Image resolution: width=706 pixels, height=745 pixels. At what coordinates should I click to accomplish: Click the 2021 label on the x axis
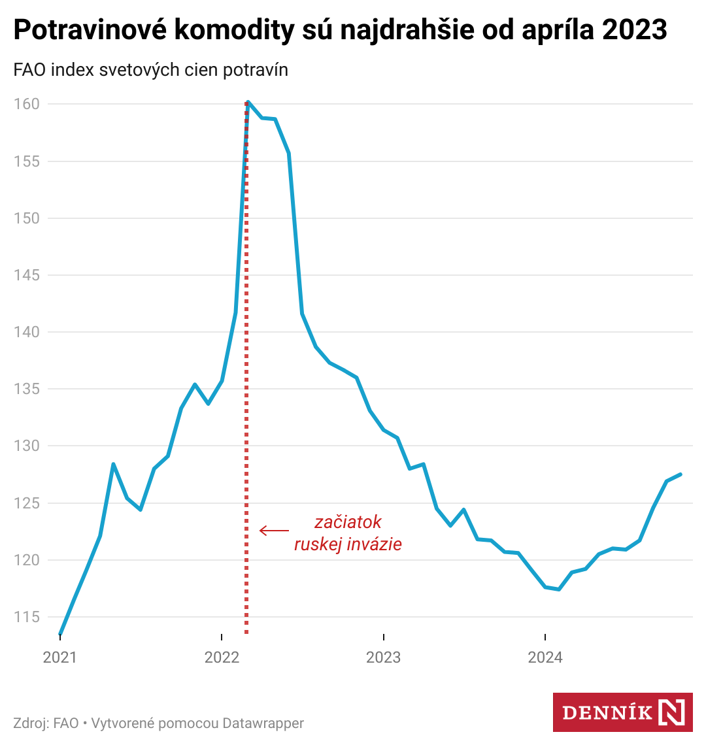[x=59, y=657]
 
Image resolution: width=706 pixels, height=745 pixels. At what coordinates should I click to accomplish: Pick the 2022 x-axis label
[x=222, y=657]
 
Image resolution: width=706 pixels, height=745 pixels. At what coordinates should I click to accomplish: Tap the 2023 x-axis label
[x=384, y=657]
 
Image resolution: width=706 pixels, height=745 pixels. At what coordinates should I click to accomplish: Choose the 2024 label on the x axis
[x=545, y=657]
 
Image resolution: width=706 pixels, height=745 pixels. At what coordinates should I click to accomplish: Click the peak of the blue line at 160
[x=248, y=102]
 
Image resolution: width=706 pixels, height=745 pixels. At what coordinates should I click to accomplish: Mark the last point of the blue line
[x=681, y=474]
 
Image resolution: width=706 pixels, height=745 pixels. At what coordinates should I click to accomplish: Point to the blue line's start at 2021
[x=60, y=633]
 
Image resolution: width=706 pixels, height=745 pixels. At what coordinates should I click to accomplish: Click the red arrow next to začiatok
[x=274, y=531]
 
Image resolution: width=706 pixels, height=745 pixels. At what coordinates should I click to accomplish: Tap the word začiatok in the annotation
[x=348, y=522]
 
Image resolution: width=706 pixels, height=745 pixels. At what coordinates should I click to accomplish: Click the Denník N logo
[x=622, y=712]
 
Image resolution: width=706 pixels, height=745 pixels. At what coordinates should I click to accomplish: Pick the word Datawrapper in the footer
[x=263, y=723]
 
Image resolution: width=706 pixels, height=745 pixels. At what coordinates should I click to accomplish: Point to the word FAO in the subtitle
[x=29, y=70]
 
